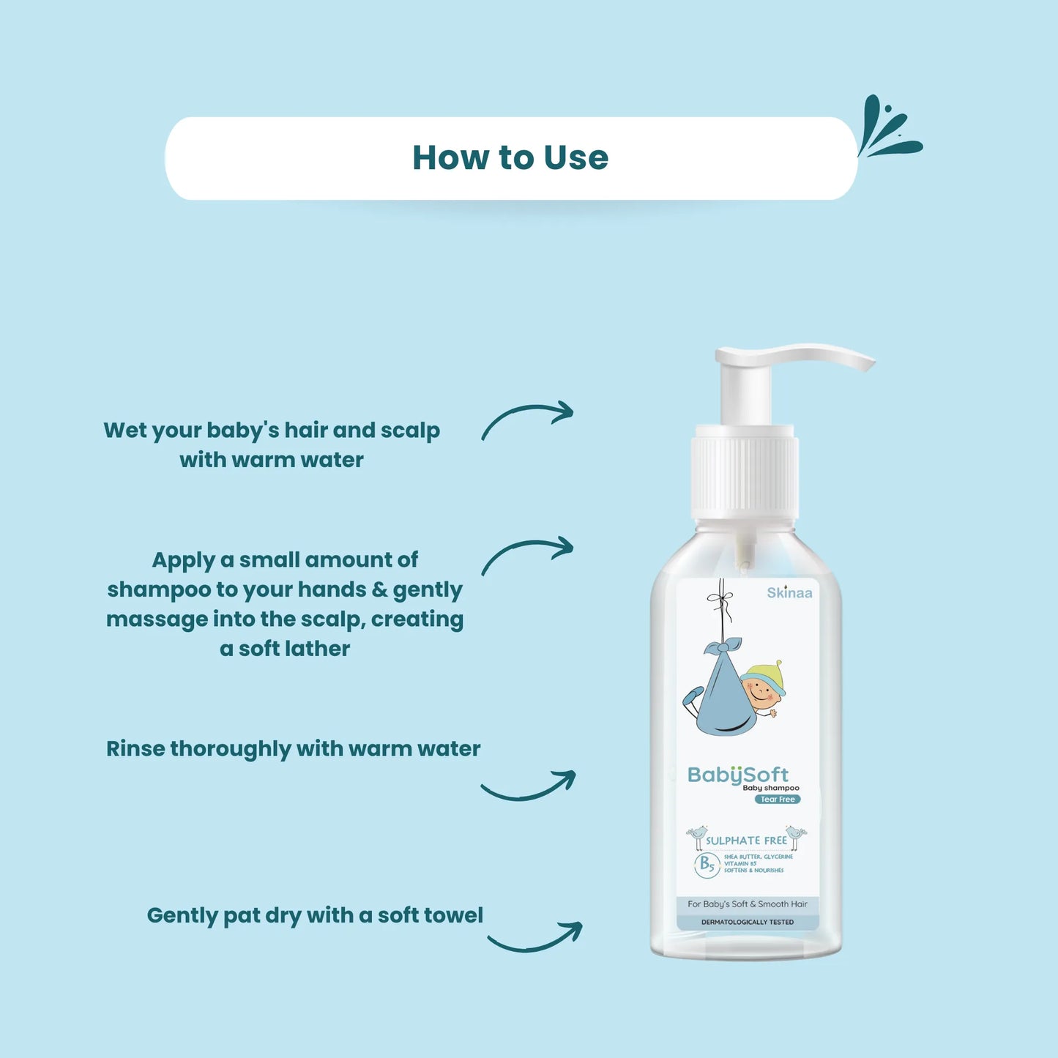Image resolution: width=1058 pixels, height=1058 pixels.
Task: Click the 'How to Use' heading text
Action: coord(510,157)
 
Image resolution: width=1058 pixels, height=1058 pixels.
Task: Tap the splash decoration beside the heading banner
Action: coord(887,129)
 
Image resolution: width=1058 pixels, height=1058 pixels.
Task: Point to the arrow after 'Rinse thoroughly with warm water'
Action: coord(529,787)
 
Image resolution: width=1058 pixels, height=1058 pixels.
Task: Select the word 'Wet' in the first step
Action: coord(124,430)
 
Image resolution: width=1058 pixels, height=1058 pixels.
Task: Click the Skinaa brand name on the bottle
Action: coord(789,593)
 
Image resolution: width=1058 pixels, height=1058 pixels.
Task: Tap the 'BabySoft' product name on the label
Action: coord(737,775)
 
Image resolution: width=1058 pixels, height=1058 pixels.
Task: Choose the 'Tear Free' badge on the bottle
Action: coord(778,800)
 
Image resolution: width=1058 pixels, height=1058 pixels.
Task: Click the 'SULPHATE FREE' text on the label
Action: coord(746,841)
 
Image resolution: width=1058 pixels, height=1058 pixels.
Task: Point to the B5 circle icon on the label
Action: coord(707,865)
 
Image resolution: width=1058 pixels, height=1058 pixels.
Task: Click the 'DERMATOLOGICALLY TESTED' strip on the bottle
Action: coord(748,923)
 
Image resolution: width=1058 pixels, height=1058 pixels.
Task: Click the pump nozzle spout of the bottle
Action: coord(842,357)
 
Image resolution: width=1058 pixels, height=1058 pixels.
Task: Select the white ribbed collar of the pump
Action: coord(745,476)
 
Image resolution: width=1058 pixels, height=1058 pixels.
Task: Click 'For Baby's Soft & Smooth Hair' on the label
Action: coord(748,904)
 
